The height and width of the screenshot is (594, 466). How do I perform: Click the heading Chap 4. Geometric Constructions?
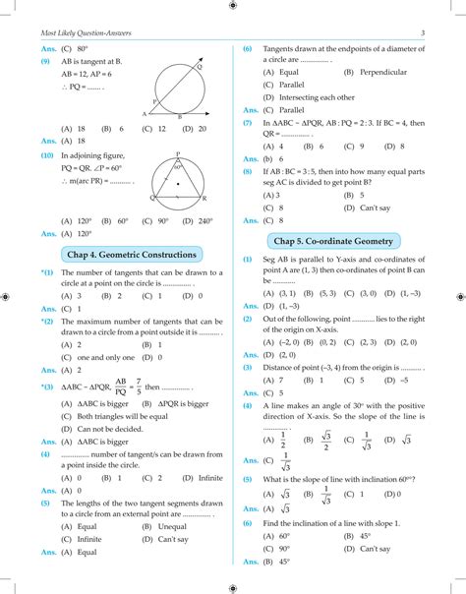click(131, 255)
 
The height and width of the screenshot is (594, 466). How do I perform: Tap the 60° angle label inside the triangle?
click(181, 167)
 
